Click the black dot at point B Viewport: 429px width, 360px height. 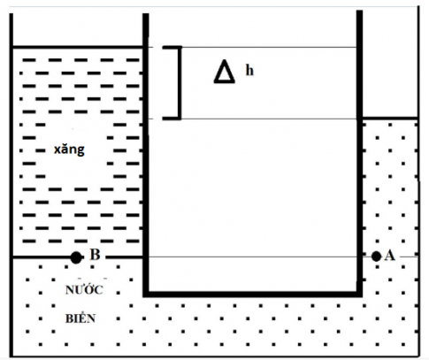pyautogui.click(x=76, y=257)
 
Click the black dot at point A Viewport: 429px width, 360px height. pyautogui.click(x=376, y=257)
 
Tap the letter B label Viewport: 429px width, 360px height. pyautogui.click(x=95, y=255)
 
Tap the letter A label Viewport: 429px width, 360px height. pyautogui.click(x=390, y=256)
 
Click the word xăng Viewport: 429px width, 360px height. pyautogui.click(x=69, y=149)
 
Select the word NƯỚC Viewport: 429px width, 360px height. pyautogui.click(x=84, y=289)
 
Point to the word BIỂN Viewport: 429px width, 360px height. pyautogui.click(x=80, y=318)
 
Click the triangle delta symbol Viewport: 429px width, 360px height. pyautogui.click(x=225, y=72)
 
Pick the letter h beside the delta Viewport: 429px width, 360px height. pyautogui.click(x=249, y=71)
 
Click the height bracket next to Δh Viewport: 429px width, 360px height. pyautogui.click(x=180, y=83)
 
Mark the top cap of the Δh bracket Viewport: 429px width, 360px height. pyautogui.click(x=172, y=47)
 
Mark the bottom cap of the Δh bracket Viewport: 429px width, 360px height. pyautogui.click(x=172, y=119)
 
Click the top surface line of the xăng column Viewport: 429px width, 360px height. pyautogui.click(x=78, y=47)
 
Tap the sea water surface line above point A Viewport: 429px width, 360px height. pyautogui.click(x=390, y=119)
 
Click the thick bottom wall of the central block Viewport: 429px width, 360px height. pyautogui.click(x=253, y=294)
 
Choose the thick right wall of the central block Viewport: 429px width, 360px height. pyautogui.click(x=359, y=153)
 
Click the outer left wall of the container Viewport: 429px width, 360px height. pyautogui.click(x=11, y=185)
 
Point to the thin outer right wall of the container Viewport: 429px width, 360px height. pyautogui.click(x=418, y=181)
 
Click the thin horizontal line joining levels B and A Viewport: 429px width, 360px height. pyautogui.click(x=253, y=257)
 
